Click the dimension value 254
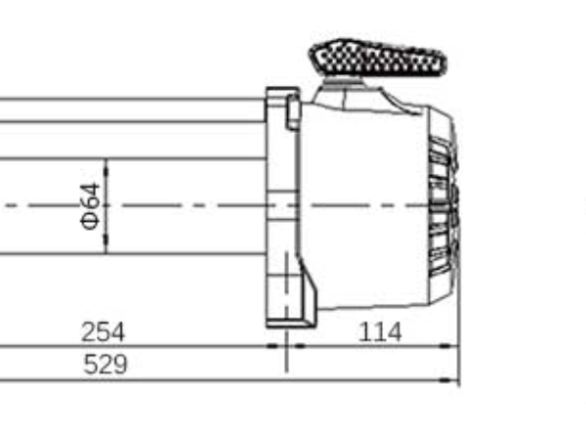tap(103, 332)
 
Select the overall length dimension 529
tap(105, 365)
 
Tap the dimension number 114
tap(380, 332)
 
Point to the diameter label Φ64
tap(89, 206)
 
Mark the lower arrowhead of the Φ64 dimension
tap(105, 249)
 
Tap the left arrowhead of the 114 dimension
tap(299, 346)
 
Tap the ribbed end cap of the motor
tap(441, 205)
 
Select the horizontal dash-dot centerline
tap(195, 206)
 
